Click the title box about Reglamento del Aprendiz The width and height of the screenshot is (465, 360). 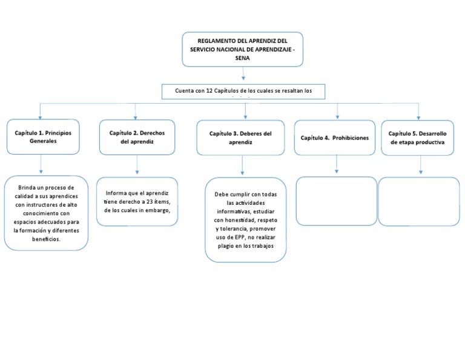242,48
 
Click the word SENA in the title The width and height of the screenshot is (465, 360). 242,58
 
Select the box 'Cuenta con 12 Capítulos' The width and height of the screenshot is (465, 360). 243,92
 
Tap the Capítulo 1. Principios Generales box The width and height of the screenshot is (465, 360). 43,136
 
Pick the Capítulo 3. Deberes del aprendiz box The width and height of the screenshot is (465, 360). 240,138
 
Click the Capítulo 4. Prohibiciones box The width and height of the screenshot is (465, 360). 334,138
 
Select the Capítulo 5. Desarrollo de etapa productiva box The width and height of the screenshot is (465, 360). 417,138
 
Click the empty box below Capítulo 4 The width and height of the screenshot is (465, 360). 336,201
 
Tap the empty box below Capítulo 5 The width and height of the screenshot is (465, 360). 418,201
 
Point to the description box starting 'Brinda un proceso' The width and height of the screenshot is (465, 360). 46,213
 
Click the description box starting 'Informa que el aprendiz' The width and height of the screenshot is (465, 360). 137,202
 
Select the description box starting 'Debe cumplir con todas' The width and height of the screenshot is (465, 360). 245,220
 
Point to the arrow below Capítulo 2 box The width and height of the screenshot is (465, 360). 137,165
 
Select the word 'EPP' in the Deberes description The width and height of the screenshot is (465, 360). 237,238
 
